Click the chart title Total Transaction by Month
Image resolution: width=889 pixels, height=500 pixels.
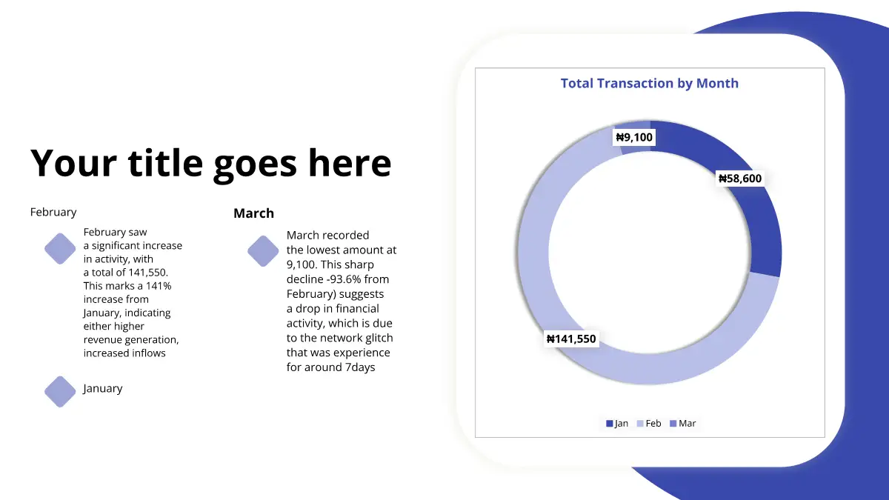tap(649, 83)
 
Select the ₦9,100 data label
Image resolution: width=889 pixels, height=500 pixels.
tap(634, 137)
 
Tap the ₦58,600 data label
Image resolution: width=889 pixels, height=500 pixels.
tap(740, 179)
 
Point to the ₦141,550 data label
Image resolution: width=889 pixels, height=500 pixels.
tap(571, 339)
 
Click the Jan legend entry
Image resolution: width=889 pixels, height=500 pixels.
tap(617, 424)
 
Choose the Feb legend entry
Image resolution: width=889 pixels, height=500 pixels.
tap(649, 424)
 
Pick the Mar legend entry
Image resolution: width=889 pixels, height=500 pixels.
tap(682, 424)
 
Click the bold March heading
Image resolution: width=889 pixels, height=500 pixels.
tap(253, 213)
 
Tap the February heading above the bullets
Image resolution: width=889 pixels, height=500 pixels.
tap(53, 213)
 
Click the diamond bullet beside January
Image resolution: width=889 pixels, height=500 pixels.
tap(60, 392)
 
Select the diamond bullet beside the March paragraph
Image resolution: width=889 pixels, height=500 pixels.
tap(263, 251)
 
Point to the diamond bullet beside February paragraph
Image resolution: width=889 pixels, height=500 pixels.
tap(60, 248)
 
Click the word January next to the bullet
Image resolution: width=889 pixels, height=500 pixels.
tap(103, 388)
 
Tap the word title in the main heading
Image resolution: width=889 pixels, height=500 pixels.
tap(165, 163)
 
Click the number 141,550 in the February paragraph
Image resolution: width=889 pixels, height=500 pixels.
tap(148, 273)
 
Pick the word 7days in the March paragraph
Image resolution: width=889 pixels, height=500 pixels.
tap(360, 367)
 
